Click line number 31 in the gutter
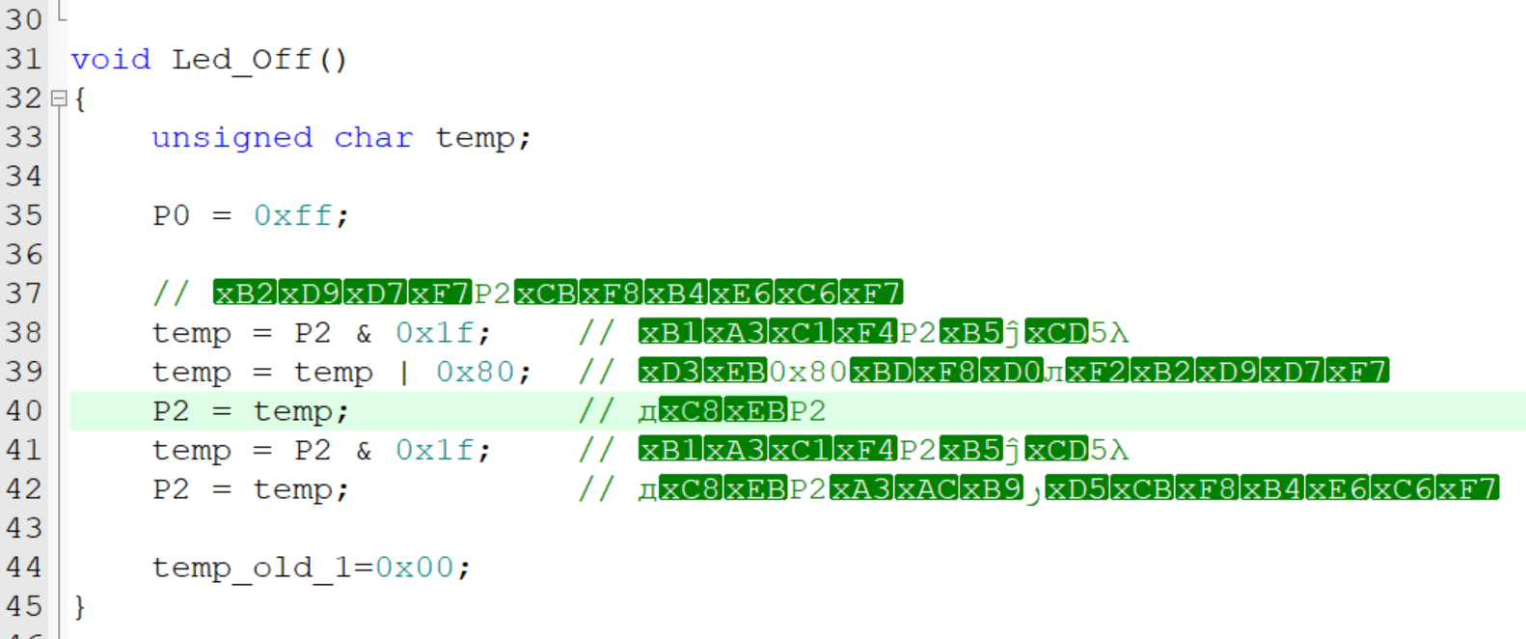[23, 60]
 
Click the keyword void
[111, 60]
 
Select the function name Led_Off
[241, 60]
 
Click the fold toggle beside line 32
[59, 98]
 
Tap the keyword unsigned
[232, 138]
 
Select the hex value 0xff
[293, 216]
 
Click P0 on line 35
[172, 216]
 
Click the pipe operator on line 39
[404, 373]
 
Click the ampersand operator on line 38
[364, 333]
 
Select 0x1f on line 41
[434, 451]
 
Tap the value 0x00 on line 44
[414, 568]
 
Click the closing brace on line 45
[80, 606]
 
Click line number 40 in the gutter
[23, 411]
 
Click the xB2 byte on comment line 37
[245, 293]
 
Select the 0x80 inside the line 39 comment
[807, 372]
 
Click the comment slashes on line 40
[596, 411]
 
